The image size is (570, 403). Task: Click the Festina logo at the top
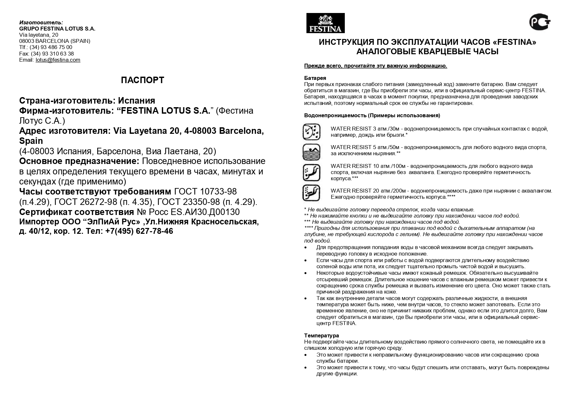[325, 23]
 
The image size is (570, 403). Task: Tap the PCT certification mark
[540, 22]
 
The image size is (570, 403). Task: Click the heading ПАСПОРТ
[142, 80]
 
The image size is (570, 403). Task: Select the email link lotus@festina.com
[58, 60]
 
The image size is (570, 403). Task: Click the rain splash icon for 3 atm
[311, 132]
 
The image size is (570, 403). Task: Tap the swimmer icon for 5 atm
[311, 152]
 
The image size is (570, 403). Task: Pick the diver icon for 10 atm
[311, 172]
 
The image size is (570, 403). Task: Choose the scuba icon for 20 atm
[311, 193]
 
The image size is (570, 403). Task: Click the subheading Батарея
[315, 78]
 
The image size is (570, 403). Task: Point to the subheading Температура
[321, 335]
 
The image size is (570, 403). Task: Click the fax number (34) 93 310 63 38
[52, 54]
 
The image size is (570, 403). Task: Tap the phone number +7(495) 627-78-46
[139, 231]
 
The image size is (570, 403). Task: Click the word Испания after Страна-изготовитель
[136, 100]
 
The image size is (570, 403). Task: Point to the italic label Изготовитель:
[41, 22]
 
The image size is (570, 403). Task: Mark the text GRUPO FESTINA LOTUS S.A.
[57, 29]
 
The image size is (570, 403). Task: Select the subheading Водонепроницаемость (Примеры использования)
[372, 116]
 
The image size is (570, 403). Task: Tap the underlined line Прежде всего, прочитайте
[375, 66]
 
